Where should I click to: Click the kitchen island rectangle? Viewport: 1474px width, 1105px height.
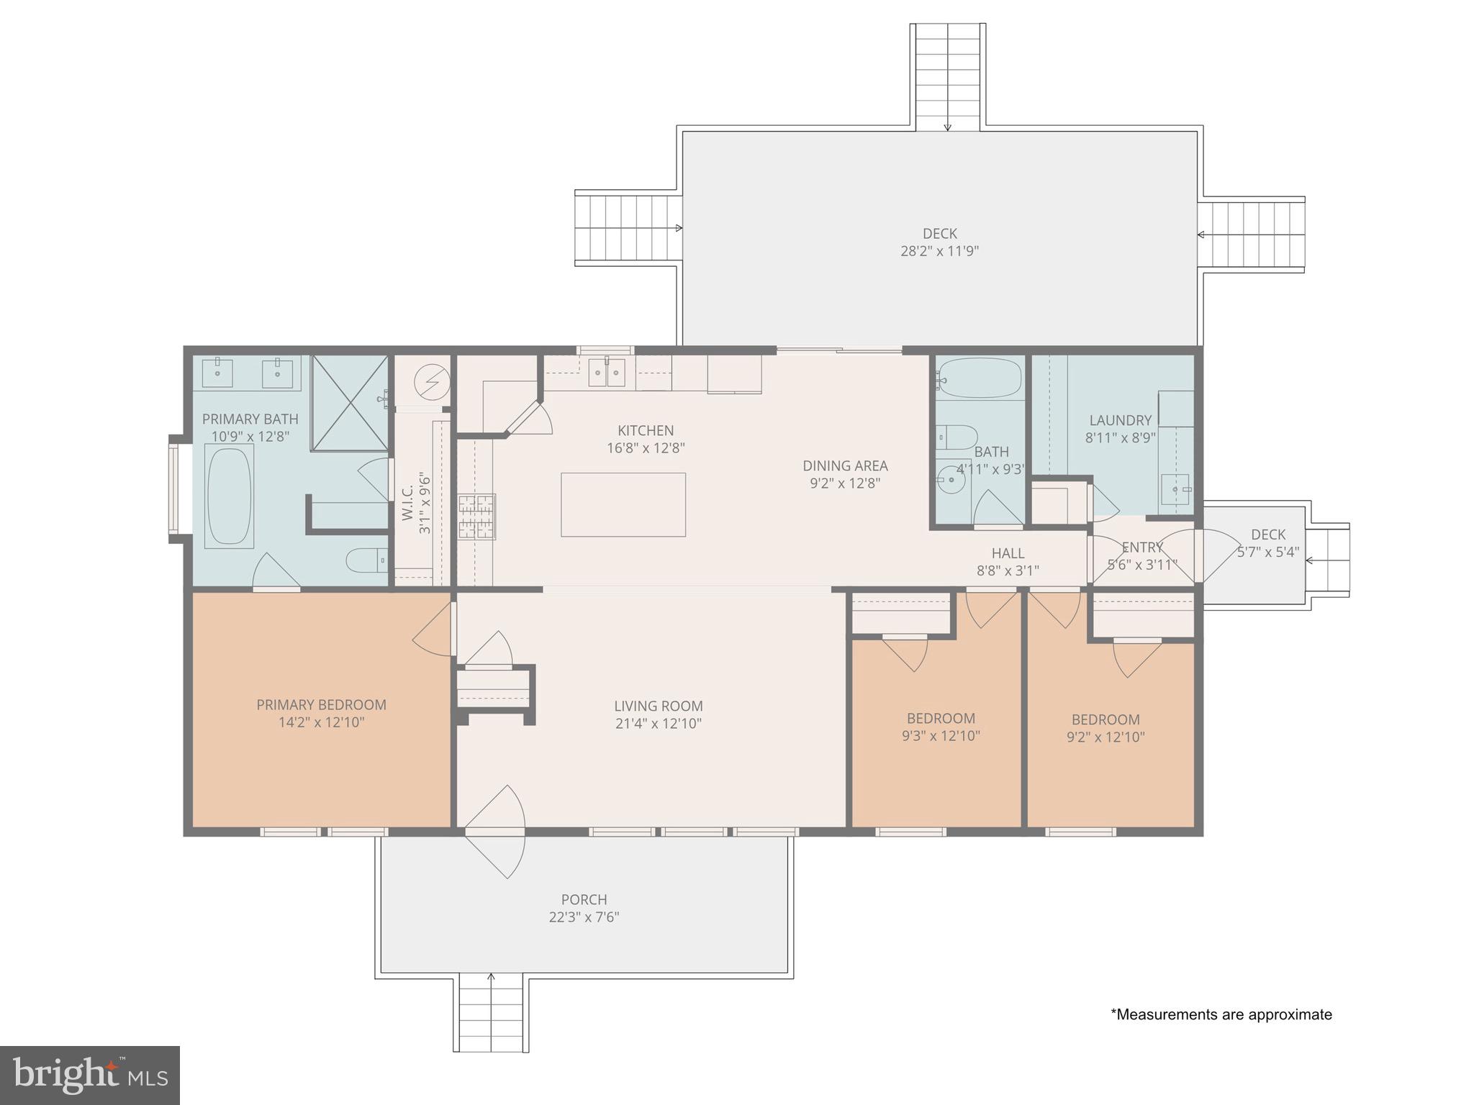[623, 504]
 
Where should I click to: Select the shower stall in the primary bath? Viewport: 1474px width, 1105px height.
[350, 404]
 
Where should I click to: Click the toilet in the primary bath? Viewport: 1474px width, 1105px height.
[368, 560]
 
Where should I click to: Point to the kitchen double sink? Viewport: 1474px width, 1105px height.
[607, 373]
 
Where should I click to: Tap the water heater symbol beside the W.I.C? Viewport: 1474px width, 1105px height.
[433, 381]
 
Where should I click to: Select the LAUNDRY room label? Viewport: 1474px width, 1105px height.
[1120, 420]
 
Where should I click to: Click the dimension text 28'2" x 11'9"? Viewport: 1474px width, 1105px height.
[939, 251]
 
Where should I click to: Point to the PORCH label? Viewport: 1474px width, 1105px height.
[584, 899]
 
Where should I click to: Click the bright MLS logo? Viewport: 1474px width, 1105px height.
[90, 1076]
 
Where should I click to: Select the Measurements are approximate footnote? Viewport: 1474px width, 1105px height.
[1221, 1014]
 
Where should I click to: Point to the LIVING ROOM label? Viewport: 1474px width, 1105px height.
[658, 706]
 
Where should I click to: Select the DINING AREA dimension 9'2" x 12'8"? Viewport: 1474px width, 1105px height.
[845, 483]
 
